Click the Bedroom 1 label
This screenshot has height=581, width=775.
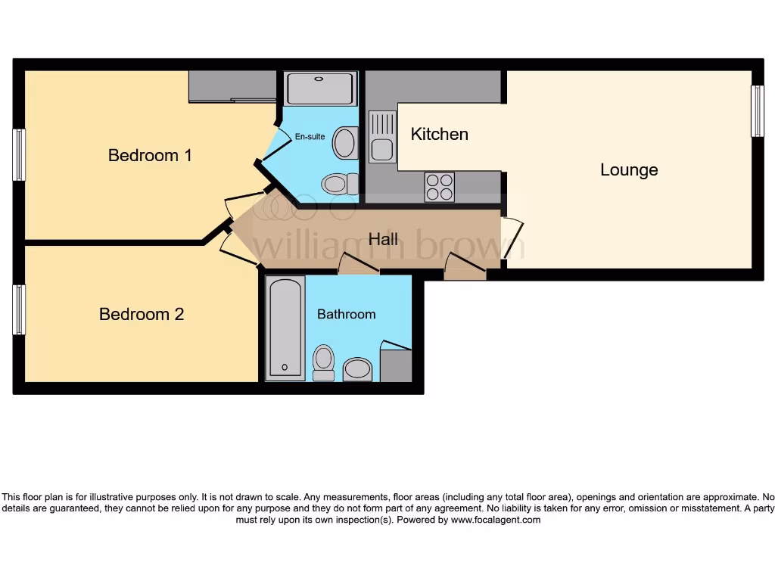coord(150,155)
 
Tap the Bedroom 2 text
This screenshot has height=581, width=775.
coord(142,314)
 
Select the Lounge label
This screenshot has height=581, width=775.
coord(629,170)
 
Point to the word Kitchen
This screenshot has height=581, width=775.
coord(439,134)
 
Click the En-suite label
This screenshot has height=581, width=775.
coord(310,137)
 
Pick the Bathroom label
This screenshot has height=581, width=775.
coord(346,314)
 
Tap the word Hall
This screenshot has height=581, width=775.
coord(383,239)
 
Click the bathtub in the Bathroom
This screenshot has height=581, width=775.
coord(285,328)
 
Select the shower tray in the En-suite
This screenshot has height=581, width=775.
coord(319,89)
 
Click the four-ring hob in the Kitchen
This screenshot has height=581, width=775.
coord(440,187)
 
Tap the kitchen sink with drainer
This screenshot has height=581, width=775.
coord(381,137)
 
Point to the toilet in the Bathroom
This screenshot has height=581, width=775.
coord(324,362)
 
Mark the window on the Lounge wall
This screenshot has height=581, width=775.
coord(757,110)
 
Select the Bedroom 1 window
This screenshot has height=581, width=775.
coord(19,155)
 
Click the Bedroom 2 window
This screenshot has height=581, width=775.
coord(19,309)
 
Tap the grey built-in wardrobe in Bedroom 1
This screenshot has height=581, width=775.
coord(232,85)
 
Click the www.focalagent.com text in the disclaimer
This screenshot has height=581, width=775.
coord(496,520)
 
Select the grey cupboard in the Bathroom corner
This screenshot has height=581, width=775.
coord(395,365)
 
